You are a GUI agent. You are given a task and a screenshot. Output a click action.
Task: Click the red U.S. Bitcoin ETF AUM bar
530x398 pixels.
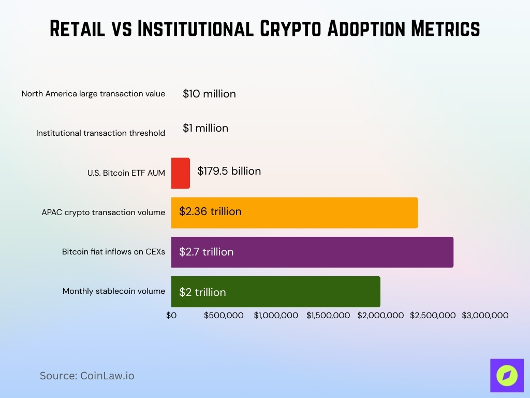(x=181, y=173)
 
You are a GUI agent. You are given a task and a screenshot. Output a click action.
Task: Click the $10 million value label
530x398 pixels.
(x=209, y=94)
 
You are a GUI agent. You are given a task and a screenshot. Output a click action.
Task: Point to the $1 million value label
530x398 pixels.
(x=205, y=128)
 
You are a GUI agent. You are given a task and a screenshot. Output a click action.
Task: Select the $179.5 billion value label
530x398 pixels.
(x=229, y=171)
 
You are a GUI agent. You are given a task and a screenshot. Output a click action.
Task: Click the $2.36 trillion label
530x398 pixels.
(x=210, y=211)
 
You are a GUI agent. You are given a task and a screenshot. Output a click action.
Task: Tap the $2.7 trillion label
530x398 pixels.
(x=206, y=252)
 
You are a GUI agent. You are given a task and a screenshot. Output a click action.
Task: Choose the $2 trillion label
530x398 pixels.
(x=202, y=292)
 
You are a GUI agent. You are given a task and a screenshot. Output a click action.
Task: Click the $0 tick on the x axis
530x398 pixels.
(x=171, y=315)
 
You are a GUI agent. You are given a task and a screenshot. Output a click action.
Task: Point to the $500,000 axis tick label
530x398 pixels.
(x=224, y=315)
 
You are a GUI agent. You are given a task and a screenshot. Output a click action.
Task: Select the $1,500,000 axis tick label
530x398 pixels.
(x=328, y=315)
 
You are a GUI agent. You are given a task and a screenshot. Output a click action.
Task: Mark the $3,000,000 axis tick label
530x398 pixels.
(x=485, y=315)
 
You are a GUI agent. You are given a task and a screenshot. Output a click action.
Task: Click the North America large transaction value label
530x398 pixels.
(x=93, y=94)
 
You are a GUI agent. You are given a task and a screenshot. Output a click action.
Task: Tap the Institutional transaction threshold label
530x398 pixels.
(x=100, y=133)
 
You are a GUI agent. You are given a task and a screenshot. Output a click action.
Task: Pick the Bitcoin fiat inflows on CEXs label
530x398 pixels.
(x=113, y=252)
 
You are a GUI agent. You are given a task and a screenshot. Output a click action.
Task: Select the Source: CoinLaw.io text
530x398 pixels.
(x=87, y=376)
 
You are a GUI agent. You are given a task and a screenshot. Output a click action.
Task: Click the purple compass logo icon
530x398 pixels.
(x=507, y=375)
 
